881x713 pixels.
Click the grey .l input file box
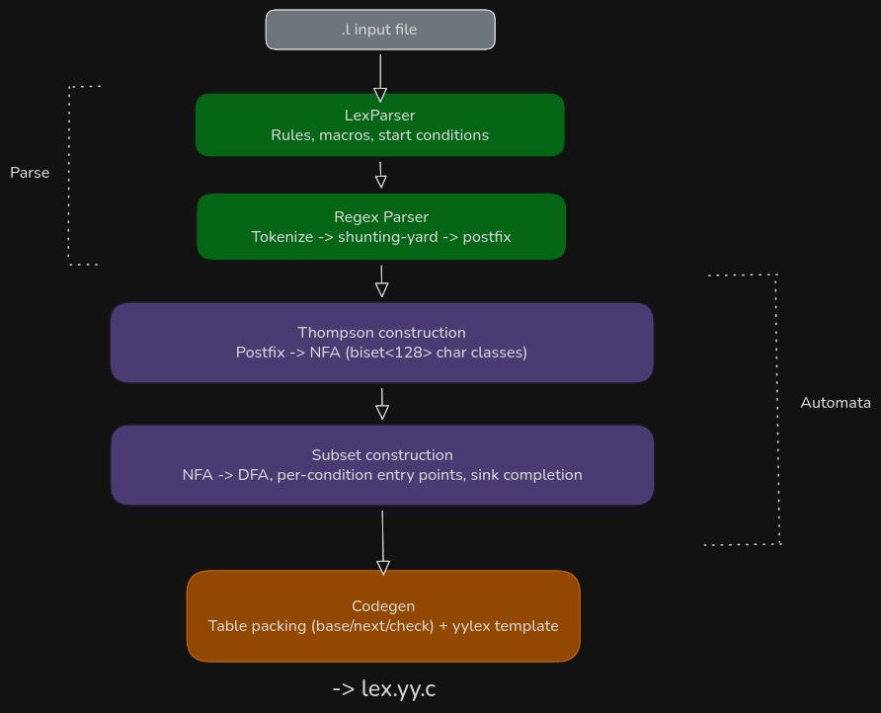click(380, 30)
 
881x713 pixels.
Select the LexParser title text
click(380, 116)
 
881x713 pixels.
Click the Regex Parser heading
click(381, 217)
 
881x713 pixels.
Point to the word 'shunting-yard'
click(388, 237)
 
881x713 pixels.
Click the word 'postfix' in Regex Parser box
click(487, 237)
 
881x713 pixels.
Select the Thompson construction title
click(381, 333)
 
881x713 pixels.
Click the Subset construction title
click(382, 455)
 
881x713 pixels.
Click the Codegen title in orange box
click(383, 606)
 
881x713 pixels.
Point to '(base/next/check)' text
click(372, 626)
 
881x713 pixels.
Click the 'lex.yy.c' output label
click(398, 689)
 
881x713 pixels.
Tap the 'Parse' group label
click(30, 173)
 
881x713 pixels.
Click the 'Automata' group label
click(836, 403)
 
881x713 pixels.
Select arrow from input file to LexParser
click(380, 78)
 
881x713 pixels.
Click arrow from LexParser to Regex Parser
click(380, 175)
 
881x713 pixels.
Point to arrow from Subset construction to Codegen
click(382, 543)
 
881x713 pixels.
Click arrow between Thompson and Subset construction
click(382, 404)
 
